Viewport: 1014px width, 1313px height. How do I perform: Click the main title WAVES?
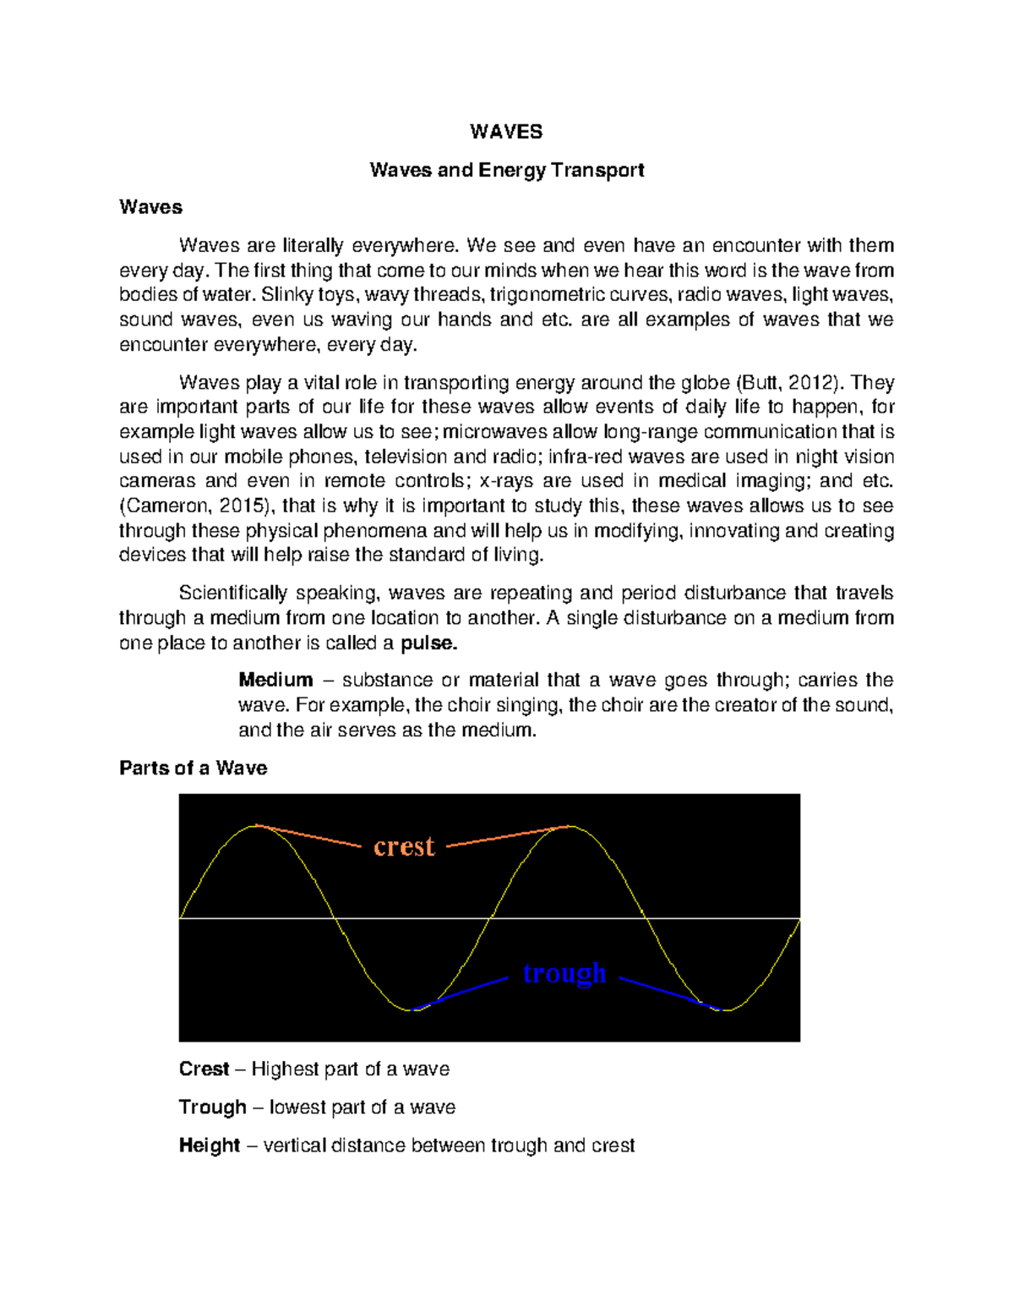click(x=506, y=132)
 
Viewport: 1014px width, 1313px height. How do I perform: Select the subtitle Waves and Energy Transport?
click(x=506, y=170)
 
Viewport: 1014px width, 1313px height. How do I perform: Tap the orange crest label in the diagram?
click(x=404, y=846)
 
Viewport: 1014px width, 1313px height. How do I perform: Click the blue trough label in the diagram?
click(x=564, y=973)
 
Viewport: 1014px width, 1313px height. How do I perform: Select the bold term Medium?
click(x=275, y=680)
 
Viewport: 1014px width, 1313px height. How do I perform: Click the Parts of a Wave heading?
click(x=193, y=768)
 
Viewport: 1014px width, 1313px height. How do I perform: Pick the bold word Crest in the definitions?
click(x=204, y=1069)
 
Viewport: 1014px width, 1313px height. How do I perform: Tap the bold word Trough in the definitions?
click(x=212, y=1107)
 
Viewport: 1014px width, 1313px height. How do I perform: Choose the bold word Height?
click(x=209, y=1145)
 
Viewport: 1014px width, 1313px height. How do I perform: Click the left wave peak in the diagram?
click(x=256, y=826)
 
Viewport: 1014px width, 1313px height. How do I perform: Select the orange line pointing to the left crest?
click(x=308, y=835)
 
